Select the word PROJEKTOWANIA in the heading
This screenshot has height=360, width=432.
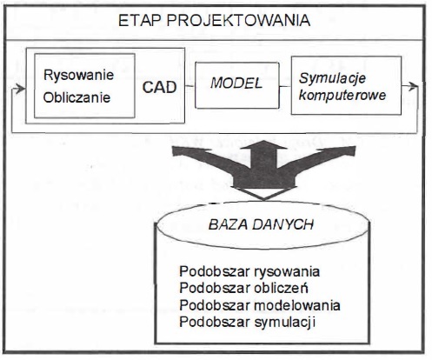pos(238,21)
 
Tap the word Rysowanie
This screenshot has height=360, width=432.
pos(78,76)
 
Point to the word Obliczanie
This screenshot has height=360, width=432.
pos(76,97)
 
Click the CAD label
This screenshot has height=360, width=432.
pos(159,87)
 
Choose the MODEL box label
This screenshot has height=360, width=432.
pos(236,83)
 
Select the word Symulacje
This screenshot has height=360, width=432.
pos(332,78)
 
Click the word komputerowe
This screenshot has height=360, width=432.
pos(342,96)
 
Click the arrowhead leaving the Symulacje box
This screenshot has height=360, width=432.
pos(413,86)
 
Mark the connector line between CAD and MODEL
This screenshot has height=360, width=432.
pos(189,86)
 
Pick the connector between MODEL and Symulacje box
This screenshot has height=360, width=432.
pos(285,86)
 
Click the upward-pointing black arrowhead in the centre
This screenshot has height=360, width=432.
pos(263,145)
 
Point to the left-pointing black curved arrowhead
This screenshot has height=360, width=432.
pos(180,151)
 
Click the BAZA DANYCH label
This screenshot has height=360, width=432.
pos(261,224)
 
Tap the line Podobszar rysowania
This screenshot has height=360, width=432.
pos(249,272)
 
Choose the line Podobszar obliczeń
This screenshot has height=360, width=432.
pos(243,288)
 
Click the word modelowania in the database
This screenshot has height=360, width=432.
pos(297,305)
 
